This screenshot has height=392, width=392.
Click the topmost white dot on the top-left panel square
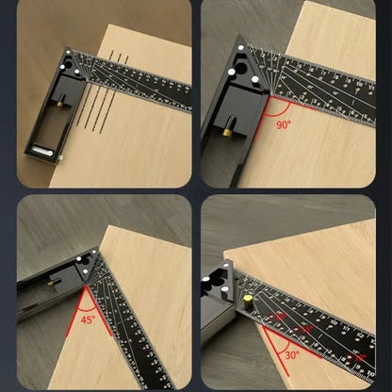(x=69, y=55)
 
